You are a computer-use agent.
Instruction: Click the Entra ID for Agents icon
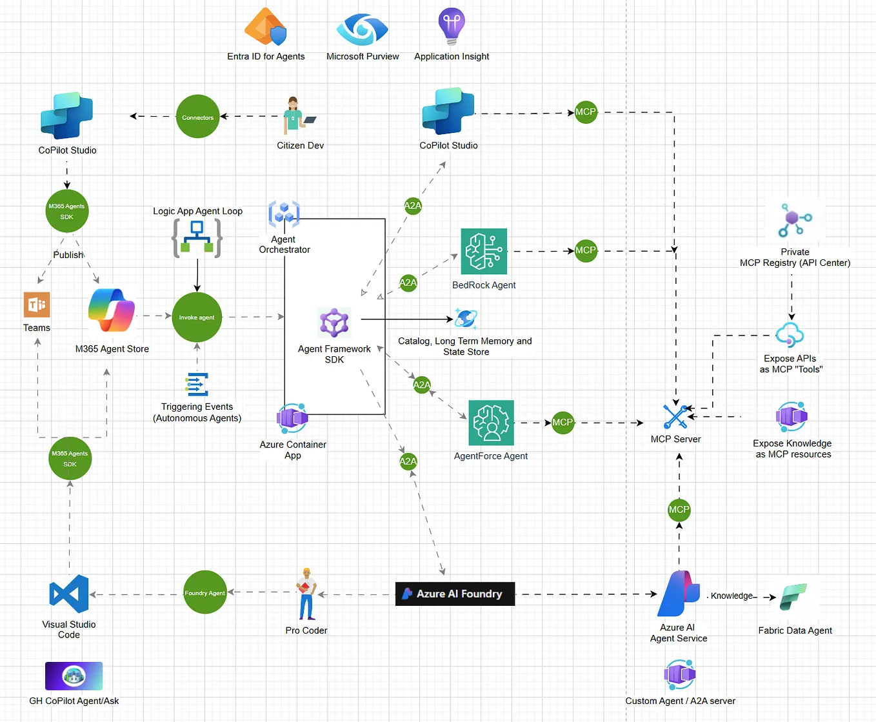265,27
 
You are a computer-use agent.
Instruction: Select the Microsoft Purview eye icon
363,29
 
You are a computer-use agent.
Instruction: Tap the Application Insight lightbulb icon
452,26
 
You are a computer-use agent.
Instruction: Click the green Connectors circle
197,117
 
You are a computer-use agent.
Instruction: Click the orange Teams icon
37,305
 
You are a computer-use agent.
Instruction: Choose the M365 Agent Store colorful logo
112,310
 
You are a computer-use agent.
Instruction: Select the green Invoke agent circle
197,317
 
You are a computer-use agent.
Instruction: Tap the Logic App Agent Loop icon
197,237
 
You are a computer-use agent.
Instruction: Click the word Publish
68,255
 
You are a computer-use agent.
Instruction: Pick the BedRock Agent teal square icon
484,252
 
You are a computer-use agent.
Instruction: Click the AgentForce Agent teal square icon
491,423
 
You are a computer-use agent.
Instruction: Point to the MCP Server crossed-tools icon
675,416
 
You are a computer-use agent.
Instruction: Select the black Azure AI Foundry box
455,594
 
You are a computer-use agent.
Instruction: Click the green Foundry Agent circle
204,592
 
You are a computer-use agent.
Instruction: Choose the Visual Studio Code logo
68,594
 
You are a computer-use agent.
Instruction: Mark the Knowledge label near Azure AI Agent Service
732,596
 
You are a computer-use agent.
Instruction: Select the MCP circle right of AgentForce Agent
562,423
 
